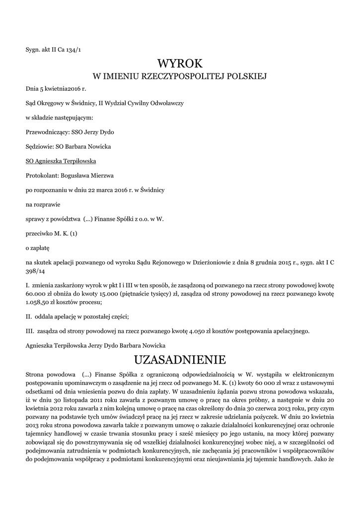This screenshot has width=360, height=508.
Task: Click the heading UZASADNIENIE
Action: tap(180, 359)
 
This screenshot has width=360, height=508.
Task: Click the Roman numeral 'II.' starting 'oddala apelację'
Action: tap(29, 316)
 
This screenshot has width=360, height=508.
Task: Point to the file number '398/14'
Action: tap(34, 272)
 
